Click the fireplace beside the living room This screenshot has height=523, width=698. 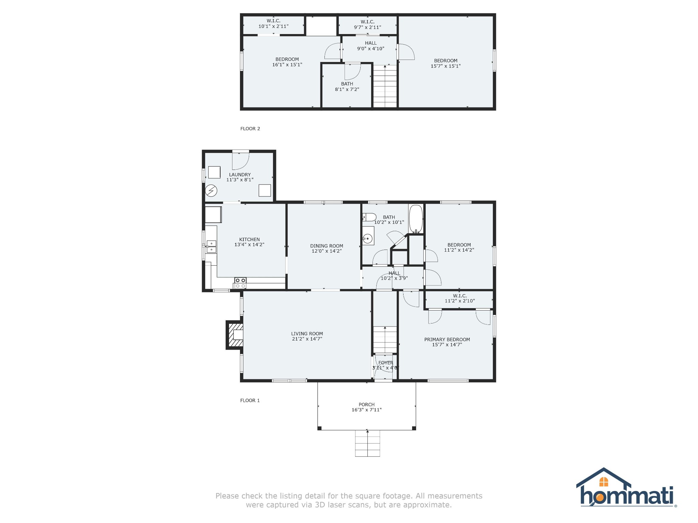click(235, 335)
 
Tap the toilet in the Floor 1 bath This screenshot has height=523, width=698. click(369, 217)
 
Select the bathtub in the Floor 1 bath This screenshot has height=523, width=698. click(416, 219)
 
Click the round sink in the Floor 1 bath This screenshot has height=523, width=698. click(367, 239)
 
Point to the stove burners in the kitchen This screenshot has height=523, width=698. click(240, 283)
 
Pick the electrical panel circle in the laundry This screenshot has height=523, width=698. click(211, 190)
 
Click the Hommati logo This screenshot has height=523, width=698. click(626, 487)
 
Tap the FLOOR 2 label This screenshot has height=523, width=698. click(250, 129)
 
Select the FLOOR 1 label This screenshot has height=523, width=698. click(250, 400)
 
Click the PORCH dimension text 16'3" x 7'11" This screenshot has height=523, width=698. click(367, 410)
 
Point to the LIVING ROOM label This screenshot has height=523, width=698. click(307, 334)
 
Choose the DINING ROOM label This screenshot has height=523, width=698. click(327, 246)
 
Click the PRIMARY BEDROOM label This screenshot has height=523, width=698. click(447, 339)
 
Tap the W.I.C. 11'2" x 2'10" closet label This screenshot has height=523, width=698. click(460, 298)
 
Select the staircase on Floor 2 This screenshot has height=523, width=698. click(385, 86)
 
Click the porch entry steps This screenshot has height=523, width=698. click(367, 443)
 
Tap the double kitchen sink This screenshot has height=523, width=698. click(211, 247)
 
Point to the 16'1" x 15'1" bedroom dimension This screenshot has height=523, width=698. click(287, 65)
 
